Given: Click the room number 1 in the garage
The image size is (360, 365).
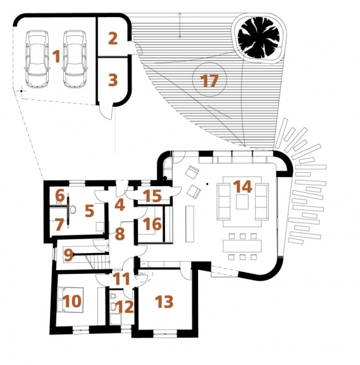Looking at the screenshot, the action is (x=56, y=57).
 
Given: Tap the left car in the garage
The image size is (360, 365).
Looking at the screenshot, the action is (x=37, y=59).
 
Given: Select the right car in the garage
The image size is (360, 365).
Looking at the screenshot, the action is (x=75, y=59).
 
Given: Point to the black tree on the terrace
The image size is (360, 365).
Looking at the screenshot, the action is (x=258, y=38).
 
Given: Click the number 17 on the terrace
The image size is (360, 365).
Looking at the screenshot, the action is (x=210, y=81).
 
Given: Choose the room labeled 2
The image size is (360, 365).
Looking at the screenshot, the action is (x=113, y=39).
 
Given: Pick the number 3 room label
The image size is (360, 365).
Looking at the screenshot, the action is (x=113, y=80).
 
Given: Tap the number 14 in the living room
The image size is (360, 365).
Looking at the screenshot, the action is (x=242, y=187).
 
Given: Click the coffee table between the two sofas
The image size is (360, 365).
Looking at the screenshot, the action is (x=242, y=202).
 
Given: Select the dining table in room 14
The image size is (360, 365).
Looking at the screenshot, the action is (x=242, y=246).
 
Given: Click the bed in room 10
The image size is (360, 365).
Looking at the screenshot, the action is (x=70, y=299).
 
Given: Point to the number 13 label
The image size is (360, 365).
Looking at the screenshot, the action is (x=164, y=302).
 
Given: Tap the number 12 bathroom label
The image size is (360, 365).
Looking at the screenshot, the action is (x=125, y=307).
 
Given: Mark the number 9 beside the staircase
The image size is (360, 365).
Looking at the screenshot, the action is (x=69, y=255).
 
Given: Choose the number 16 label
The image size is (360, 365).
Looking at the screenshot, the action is (x=152, y=224).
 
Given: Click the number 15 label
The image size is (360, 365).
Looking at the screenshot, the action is (x=152, y=196).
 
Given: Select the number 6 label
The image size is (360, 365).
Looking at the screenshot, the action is (x=60, y=195).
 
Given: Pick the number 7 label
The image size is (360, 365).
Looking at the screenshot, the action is (x=58, y=225).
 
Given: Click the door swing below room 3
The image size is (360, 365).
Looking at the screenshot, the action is (x=106, y=113).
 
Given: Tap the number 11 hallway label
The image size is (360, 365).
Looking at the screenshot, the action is (x=121, y=279).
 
